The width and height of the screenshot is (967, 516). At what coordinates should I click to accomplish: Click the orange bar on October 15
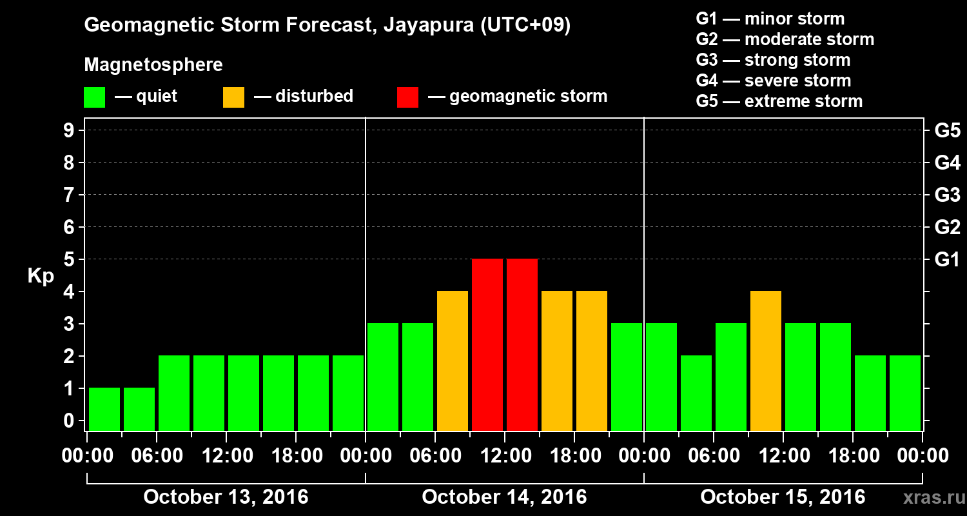pos(766,361)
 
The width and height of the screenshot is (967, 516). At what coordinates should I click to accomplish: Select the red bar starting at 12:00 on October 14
pos(522,344)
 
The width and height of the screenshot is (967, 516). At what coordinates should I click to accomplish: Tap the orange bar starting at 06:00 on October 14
pos(453,361)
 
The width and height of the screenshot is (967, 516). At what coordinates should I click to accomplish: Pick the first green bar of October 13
pos(104,409)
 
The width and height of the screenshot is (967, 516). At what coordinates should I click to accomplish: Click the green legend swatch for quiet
pos(94,97)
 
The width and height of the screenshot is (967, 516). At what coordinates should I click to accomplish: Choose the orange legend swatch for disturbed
pos(233,97)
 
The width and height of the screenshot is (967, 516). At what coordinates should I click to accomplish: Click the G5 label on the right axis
pos(947,130)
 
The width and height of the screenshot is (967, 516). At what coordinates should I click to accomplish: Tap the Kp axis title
pos(41,276)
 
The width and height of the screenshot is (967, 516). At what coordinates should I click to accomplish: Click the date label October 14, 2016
pos(504,497)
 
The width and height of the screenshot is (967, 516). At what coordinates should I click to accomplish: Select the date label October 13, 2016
pos(226,497)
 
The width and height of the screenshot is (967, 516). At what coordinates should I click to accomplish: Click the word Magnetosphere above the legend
pos(153,65)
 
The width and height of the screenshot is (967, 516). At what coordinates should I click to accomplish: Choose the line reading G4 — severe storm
pos(773,81)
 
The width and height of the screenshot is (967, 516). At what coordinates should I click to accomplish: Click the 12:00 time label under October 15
pos(783,456)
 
